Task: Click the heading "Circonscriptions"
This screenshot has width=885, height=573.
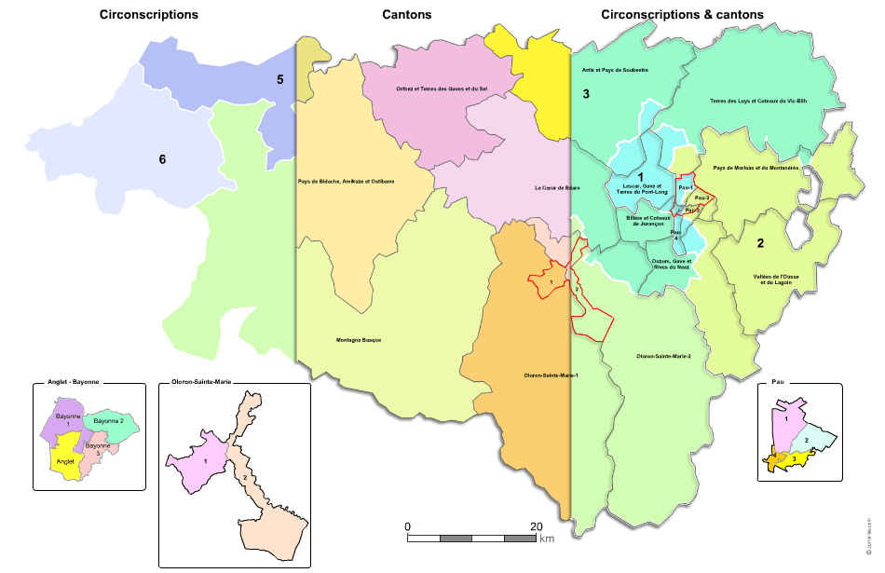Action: click(x=148, y=15)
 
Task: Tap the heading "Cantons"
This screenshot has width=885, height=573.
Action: click(x=406, y=15)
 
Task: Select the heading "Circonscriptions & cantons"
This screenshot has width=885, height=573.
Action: click(x=682, y=15)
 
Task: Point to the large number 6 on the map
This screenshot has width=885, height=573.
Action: click(x=162, y=159)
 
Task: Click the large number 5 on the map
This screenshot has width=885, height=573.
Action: click(x=279, y=79)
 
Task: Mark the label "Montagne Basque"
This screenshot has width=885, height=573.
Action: click(x=359, y=340)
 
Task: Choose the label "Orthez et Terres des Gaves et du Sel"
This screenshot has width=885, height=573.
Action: click(x=442, y=89)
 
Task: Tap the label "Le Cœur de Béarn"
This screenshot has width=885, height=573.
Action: click(x=557, y=188)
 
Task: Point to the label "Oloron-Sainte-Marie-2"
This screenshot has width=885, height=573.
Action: click(x=662, y=356)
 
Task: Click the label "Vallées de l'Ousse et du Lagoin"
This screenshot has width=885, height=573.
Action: click(x=777, y=280)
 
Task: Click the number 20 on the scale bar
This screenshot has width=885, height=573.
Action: click(x=535, y=526)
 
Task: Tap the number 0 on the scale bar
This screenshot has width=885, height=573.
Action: click(x=408, y=526)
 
